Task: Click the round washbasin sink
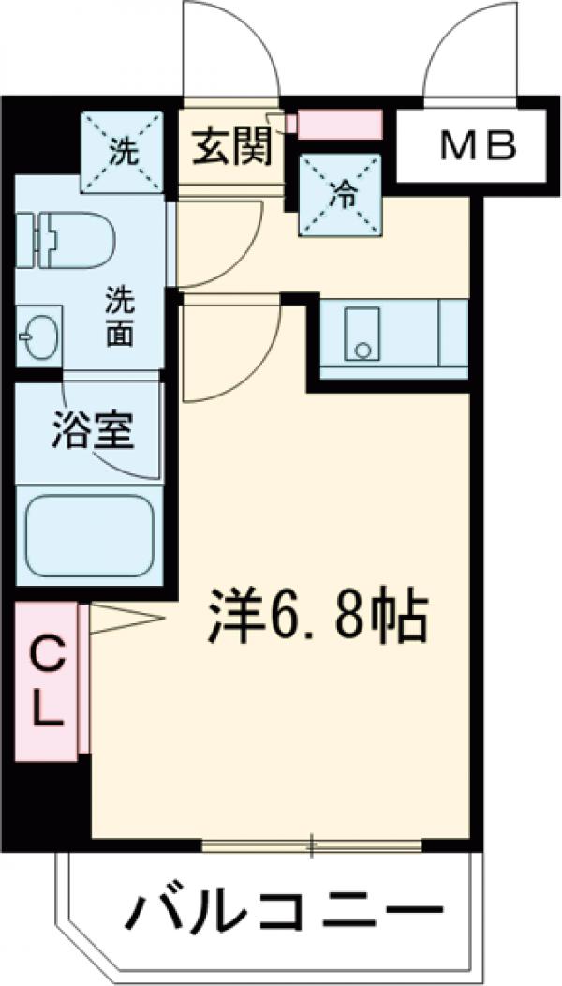coord(37,335)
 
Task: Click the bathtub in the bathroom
coord(90,535)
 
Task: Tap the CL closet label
coord(47,681)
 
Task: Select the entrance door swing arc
coord(230,47)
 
